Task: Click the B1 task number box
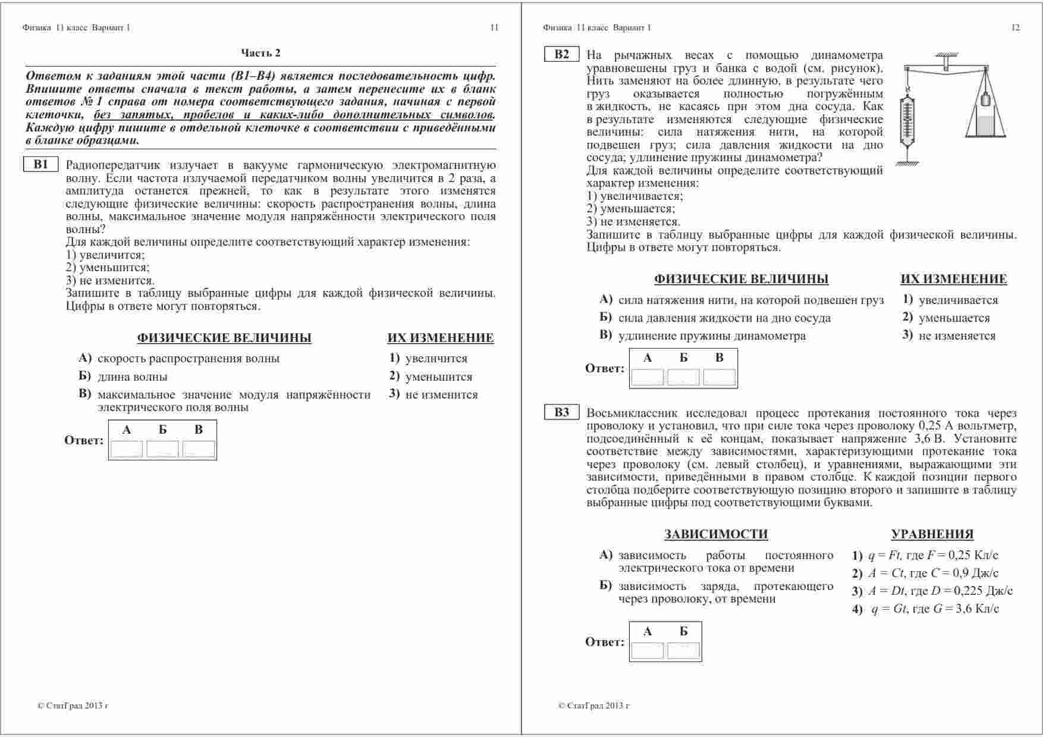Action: coord(41,165)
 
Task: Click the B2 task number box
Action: coord(562,55)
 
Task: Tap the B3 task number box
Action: coord(562,413)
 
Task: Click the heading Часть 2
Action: coord(260,53)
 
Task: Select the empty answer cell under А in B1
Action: coord(127,449)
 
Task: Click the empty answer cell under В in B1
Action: coord(199,449)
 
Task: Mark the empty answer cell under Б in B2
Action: coord(683,378)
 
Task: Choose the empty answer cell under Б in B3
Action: coord(683,651)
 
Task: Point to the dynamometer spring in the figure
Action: coord(907,119)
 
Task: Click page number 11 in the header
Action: coord(494,27)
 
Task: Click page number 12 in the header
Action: coord(1015,27)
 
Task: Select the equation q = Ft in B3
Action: coord(925,556)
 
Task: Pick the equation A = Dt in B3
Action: coord(932,591)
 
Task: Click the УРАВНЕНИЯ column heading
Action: coord(932,534)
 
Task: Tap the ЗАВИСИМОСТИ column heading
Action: coord(716,534)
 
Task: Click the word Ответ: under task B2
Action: coord(605,369)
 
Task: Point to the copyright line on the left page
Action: coord(73,706)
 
